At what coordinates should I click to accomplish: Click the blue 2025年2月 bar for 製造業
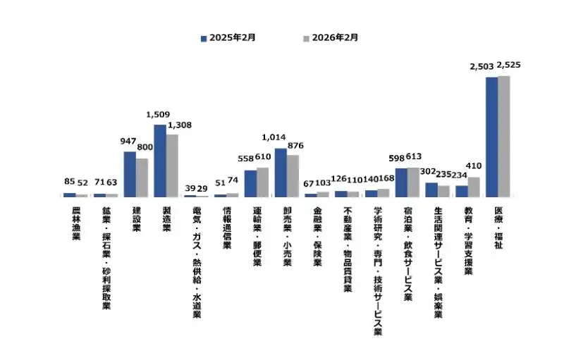click(x=159, y=161)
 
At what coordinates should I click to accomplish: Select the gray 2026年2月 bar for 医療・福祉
click(x=503, y=136)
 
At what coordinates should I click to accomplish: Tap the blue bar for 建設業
click(x=130, y=174)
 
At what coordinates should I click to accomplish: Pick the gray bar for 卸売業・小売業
click(x=293, y=175)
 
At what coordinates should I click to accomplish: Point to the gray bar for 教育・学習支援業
click(x=474, y=187)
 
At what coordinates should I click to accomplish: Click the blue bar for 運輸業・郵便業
click(x=250, y=183)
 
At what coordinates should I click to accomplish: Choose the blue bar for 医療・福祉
click(x=491, y=137)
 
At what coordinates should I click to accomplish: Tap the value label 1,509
click(x=158, y=113)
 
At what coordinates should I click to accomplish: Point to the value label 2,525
click(x=508, y=66)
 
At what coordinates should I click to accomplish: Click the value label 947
click(x=128, y=141)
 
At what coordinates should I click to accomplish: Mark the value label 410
click(x=474, y=166)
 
